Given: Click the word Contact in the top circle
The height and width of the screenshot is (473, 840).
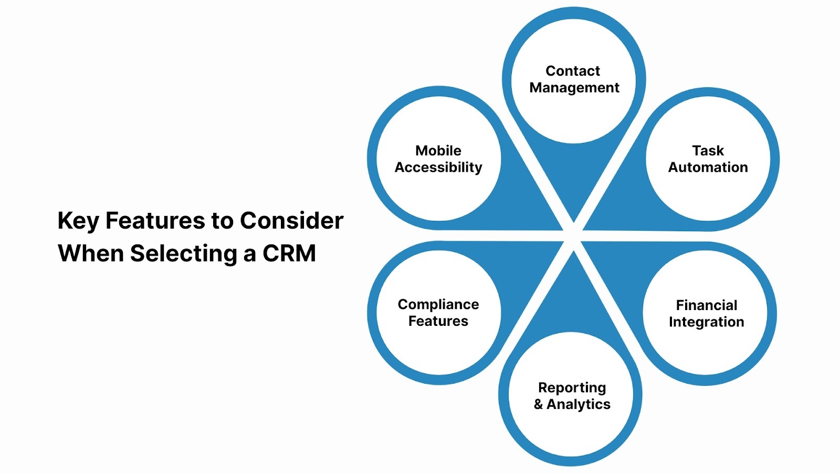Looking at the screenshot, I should coord(572,71).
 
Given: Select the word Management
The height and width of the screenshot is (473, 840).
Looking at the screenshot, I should coord(574,88).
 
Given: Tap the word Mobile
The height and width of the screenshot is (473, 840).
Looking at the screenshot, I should coord(438,151).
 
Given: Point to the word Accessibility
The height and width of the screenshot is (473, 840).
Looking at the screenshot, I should coord(438,168).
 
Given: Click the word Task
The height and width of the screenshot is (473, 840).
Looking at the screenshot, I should coord(708,151).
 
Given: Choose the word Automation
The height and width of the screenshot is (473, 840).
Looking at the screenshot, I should coord(708,168).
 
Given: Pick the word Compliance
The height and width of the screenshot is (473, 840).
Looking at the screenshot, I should coord(438,304).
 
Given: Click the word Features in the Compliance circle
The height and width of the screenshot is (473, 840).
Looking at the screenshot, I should coord(438,321).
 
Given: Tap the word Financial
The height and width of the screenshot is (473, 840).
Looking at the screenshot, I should coord(706,305).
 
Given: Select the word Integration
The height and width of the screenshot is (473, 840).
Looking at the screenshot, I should coord(706,322).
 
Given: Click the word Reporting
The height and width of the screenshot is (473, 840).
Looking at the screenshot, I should coord(572,388).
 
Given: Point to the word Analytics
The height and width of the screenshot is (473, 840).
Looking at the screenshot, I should coord(579,405).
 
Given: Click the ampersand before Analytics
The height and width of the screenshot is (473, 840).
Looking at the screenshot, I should coord(538,405).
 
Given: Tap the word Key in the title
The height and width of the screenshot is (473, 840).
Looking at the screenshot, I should coord(78,221).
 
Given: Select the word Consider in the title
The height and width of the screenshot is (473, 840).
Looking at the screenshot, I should coord(291,221).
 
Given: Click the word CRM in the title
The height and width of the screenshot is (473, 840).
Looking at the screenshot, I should coord(289,254).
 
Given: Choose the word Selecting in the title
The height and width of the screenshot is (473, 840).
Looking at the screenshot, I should coord(183,254).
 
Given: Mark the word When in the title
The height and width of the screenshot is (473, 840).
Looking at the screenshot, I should coord(90,254).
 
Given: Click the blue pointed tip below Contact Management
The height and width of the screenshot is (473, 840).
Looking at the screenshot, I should coord(574,215).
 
